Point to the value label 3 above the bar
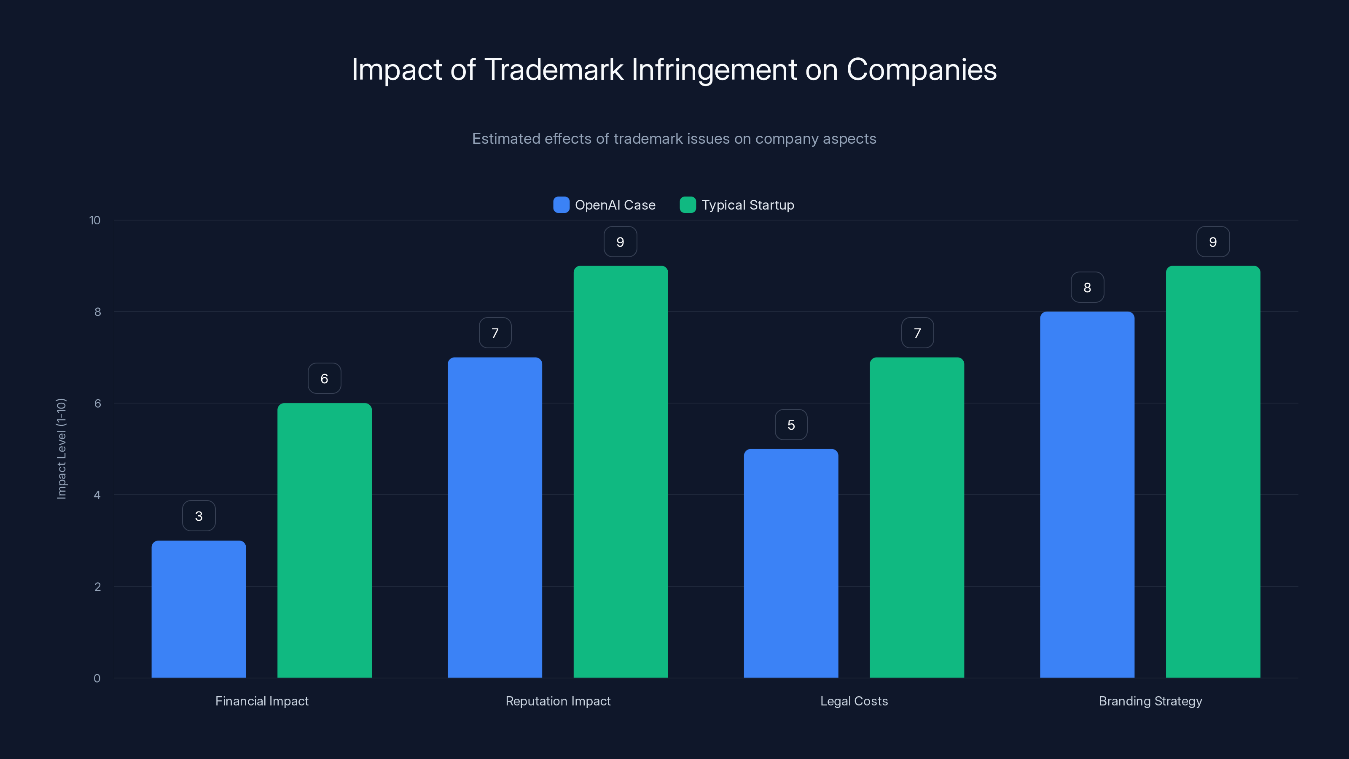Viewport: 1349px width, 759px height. coord(199,516)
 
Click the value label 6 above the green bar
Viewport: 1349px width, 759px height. coord(324,378)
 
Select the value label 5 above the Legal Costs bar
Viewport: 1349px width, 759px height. coord(791,425)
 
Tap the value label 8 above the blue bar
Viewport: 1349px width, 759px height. coord(1087,287)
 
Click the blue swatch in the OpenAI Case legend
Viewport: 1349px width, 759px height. coord(561,205)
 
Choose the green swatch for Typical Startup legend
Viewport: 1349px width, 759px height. coord(688,205)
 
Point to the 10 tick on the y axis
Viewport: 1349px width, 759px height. coord(95,220)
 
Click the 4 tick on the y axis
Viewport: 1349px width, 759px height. coord(97,495)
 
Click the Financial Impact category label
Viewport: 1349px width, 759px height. coord(262,701)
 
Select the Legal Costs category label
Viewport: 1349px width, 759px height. coord(854,701)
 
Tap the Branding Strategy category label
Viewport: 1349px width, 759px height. coord(1150,701)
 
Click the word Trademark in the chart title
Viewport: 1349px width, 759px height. coord(554,70)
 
